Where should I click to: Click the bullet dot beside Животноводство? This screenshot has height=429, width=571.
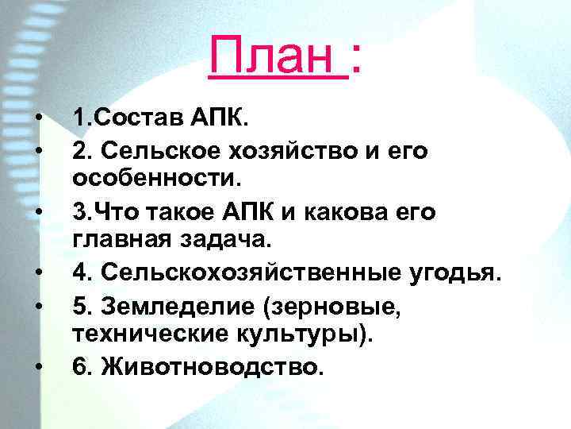point(38,366)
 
